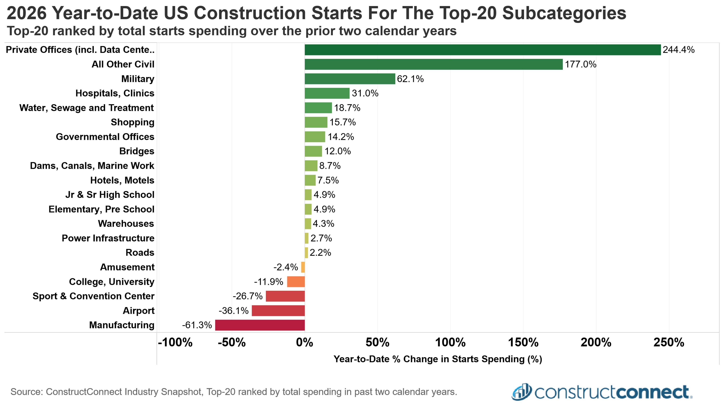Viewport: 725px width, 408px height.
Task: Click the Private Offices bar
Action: tap(483, 50)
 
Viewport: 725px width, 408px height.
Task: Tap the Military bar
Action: tap(350, 79)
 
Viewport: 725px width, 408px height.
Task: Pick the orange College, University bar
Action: tap(296, 282)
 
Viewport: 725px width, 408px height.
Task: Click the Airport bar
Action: tap(278, 311)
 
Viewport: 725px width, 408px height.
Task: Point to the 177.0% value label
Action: tap(581, 64)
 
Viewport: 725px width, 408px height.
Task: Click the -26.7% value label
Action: tap(248, 296)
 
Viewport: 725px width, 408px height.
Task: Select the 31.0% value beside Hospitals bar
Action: tap(365, 93)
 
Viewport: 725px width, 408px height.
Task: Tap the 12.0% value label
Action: tap(338, 151)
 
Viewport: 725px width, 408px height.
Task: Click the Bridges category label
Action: tap(137, 151)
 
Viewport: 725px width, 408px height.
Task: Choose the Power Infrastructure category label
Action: tap(108, 238)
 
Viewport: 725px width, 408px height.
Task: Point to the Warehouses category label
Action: tap(126, 224)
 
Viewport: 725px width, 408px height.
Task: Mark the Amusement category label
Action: tap(127, 267)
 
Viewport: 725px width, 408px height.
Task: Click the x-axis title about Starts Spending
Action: tap(438, 359)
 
